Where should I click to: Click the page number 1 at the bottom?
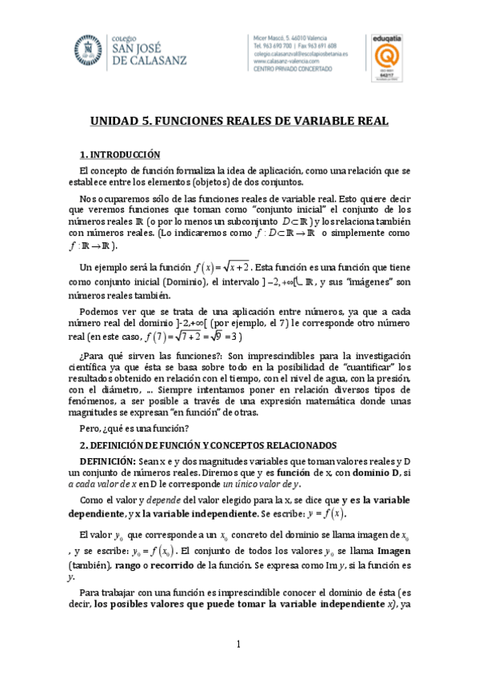238,644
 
